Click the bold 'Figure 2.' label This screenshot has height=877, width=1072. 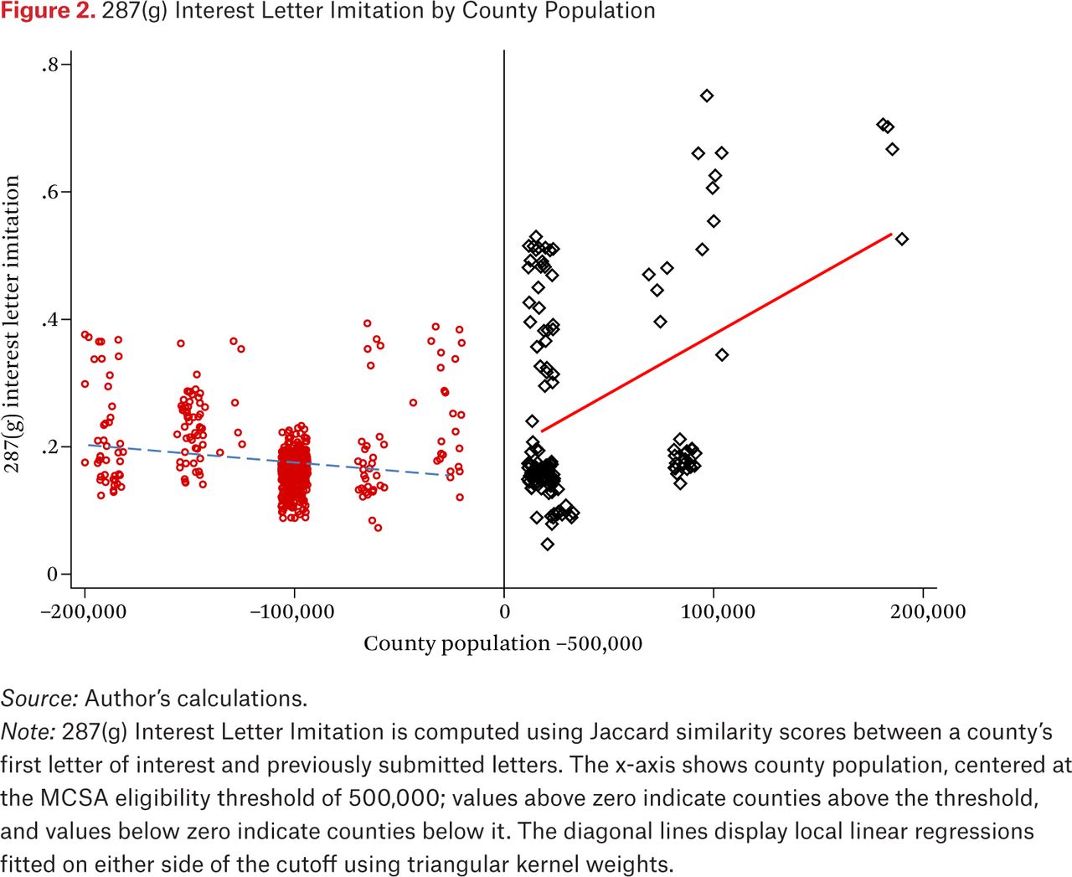(48, 11)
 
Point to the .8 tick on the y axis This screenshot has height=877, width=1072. (52, 64)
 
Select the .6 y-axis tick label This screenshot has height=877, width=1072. (52, 192)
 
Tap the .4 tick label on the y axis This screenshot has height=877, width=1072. (52, 319)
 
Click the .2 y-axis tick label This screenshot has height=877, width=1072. (52, 446)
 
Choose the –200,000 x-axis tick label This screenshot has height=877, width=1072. (84, 612)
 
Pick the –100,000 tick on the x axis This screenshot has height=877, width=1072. (292, 612)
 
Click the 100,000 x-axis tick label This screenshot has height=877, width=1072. (718, 612)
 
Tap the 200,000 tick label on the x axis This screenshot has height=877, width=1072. (928, 612)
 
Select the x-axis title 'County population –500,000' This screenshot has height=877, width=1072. (502, 644)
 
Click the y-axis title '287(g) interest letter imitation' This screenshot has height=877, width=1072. (13, 323)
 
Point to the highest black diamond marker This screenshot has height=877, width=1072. (707, 95)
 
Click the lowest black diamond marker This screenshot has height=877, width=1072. (548, 544)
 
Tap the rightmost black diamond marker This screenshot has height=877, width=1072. (902, 239)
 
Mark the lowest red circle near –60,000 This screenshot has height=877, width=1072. (378, 528)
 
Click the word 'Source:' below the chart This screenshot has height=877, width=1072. (39, 699)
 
